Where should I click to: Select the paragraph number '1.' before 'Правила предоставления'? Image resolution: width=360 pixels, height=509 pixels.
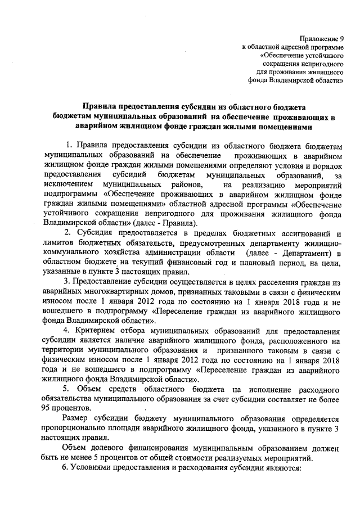tap(70, 146)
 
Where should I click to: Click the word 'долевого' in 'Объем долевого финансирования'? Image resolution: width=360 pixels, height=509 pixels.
tap(109, 448)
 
